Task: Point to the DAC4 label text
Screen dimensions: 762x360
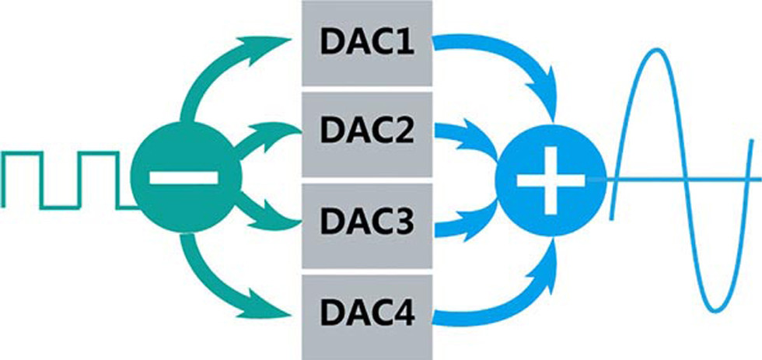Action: [367, 316]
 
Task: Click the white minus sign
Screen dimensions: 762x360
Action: [184, 178]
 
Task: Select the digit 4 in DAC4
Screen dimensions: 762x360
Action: [410, 316]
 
